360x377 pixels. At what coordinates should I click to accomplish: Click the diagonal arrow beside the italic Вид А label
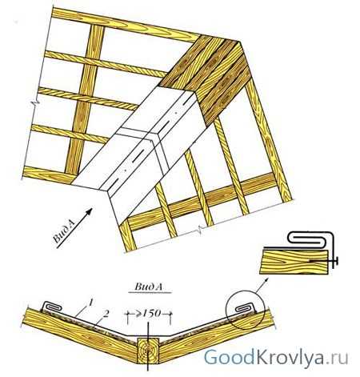pos(74,228)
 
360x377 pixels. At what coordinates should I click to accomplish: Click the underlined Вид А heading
pos(149,287)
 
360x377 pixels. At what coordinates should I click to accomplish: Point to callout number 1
pos(91,303)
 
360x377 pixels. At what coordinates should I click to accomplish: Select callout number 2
pos(106,314)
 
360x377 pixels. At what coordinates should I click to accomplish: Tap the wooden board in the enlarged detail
pos(294,262)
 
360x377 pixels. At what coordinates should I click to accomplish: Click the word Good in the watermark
pos(229,357)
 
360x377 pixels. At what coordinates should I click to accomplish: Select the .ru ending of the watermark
pos(338,359)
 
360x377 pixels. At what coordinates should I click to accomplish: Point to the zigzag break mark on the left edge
pos(35,102)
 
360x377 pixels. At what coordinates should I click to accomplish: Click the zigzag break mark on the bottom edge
pos(202,229)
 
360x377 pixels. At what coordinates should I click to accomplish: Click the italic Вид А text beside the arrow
pos(64,231)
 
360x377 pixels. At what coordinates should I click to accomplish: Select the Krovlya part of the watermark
pos(290,358)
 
